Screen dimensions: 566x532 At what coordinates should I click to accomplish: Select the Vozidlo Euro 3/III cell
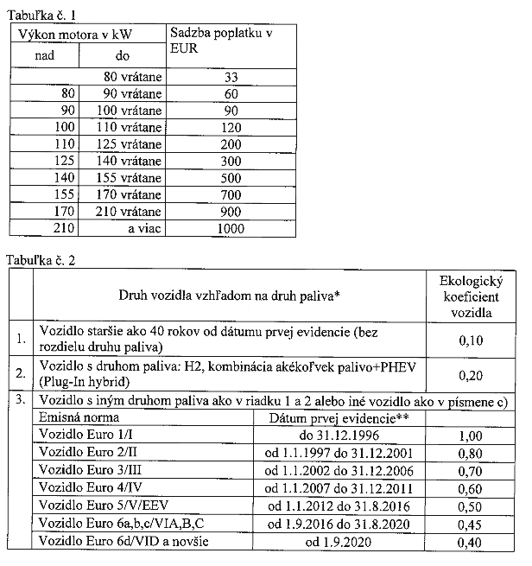pyautogui.click(x=83, y=471)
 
